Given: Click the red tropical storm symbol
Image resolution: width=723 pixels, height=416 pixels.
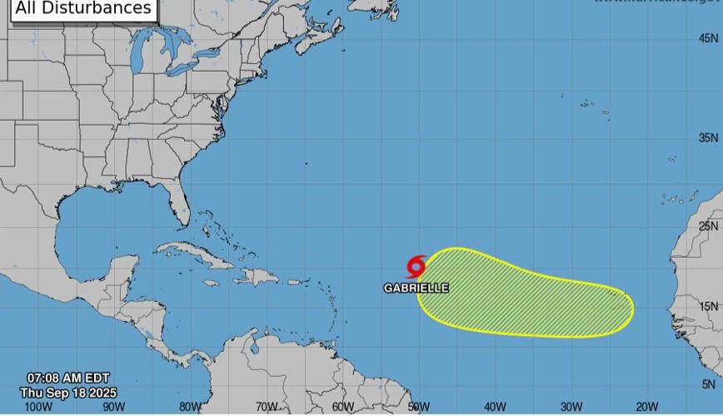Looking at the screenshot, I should click(x=416, y=267).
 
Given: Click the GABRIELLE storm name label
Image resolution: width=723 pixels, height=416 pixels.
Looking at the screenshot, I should click(x=416, y=288).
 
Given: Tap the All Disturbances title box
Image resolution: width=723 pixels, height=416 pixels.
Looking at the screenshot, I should click(x=84, y=9).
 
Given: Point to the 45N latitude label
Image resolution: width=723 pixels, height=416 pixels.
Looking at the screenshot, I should click(x=709, y=38).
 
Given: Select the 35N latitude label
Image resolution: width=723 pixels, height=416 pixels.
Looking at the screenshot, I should click(x=709, y=137).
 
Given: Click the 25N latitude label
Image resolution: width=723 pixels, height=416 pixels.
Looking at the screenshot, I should click(x=709, y=226).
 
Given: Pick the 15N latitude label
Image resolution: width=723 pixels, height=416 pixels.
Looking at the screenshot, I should click(x=709, y=307).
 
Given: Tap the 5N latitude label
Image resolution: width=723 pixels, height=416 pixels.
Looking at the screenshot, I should click(x=709, y=384).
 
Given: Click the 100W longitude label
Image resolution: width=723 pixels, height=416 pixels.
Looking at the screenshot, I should click(x=38, y=407).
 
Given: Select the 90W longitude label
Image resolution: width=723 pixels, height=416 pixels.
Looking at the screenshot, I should click(x=114, y=407).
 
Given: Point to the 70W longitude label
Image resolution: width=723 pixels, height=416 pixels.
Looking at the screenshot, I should click(x=267, y=407).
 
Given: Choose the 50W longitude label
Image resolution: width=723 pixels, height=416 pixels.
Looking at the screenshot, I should click(x=419, y=407).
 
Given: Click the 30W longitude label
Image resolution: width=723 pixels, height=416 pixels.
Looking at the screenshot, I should click(x=571, y=407).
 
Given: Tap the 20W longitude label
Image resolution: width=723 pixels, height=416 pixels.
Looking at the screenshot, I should click(x=647, y=407).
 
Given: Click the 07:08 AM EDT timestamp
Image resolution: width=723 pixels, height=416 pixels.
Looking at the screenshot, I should click(x=68, y=379).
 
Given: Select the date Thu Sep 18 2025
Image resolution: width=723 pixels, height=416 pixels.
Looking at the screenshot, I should click(x=68, y=393).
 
